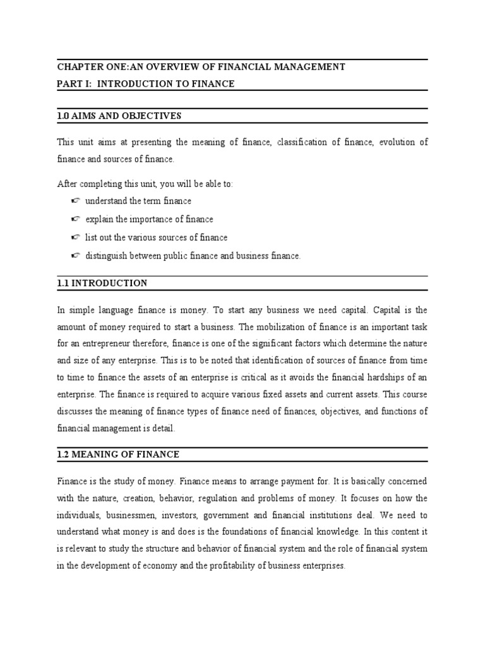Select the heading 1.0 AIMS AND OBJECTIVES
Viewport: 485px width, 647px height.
119,116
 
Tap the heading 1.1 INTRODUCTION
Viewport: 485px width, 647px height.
102,283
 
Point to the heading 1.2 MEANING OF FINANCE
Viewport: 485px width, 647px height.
119,454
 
